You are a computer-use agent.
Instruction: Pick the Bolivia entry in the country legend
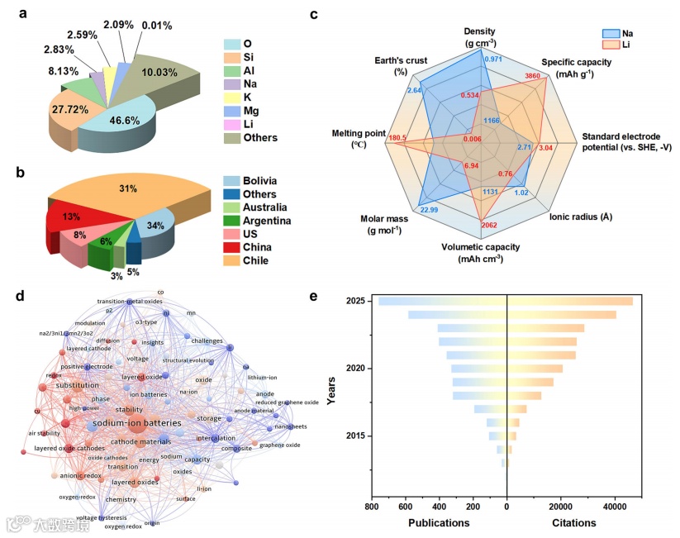click(252, 180)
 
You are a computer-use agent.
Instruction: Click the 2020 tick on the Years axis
click(354, 368)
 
